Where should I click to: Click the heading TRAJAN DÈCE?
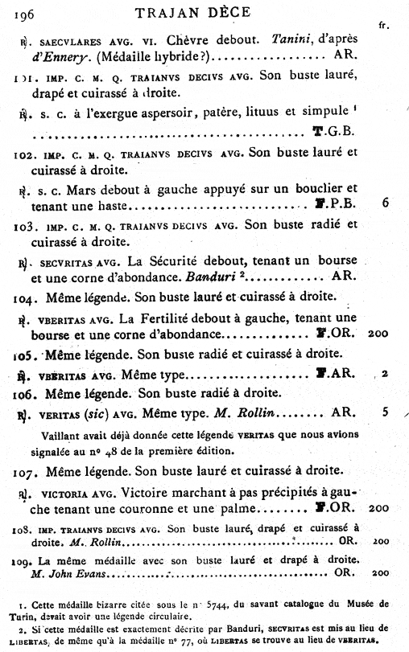tap(199, 10)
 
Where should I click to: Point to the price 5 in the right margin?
tap(386, 412)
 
